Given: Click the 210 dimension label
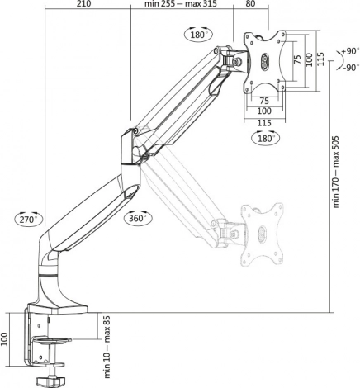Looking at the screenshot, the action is point(83,3).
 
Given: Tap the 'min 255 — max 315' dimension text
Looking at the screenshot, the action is point(181,3).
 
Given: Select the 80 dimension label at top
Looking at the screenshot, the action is point(250,3).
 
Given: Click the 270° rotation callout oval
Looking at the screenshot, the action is point(29,220).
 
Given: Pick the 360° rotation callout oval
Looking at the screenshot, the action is point(138,218).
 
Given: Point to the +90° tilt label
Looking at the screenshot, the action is point(350,51).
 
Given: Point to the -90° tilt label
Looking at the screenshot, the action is point(351,68).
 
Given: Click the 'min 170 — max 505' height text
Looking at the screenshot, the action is point(336,172).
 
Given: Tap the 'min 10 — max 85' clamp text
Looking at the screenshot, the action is point(107,347).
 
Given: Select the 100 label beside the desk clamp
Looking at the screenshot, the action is point(5,339).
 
